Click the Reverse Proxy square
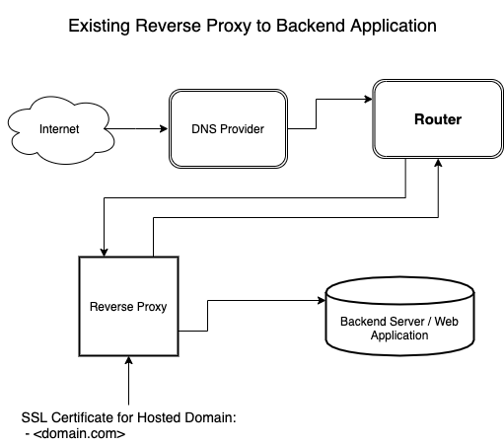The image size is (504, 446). pyautogui.click(x=128, y=306)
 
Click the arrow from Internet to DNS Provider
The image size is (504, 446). pyautogui.click(x=132, y=128)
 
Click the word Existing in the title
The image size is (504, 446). pyautogui.click(x=99, y=26)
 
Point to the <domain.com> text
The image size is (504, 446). pyautogui.click(x=79, y=432)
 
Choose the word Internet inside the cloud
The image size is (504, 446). pyautogui.click(x=57, y=129)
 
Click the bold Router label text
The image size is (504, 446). pyautogui.click(x=435, y=120)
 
